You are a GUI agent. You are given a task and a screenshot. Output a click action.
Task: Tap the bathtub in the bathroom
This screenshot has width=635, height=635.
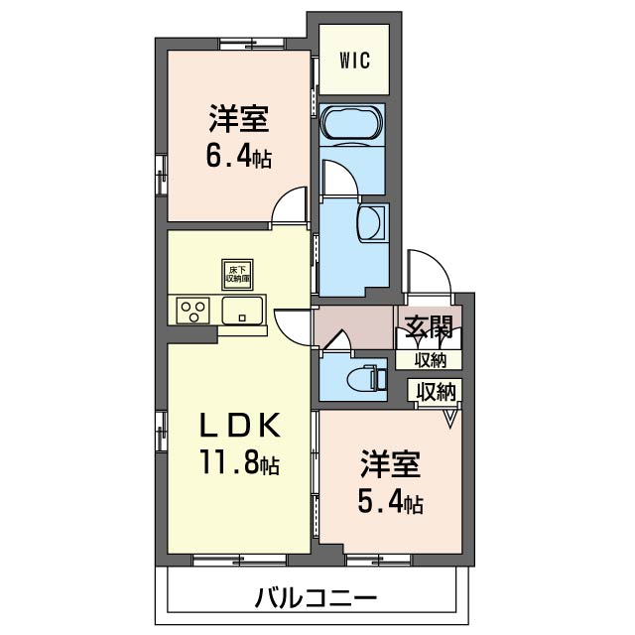pyautogui.click(x=352, y=123)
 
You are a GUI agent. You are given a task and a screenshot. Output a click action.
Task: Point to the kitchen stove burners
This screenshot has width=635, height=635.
pyautogui.click(x=194, y=311)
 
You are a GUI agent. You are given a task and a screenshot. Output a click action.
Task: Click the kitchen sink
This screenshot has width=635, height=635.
pyautogui.click(x=242, y=312)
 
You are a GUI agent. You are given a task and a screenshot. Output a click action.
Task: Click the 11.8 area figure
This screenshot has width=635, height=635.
pyautogui.click(x=237, y=462)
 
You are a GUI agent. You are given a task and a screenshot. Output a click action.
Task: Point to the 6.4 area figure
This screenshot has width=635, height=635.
pyautogui.click(x=239, y=157)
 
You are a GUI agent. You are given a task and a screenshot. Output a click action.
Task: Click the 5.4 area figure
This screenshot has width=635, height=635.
pyautogui.click(x=390, y=502)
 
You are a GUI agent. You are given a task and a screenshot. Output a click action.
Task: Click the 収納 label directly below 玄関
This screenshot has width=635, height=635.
pyautogui.click(x=430, y=359)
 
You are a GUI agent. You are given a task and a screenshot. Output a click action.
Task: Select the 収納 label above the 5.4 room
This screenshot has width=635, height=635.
pyautogui.click(x=437, y=391)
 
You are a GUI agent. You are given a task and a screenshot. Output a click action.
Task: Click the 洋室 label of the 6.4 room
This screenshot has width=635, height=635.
pyautogui.click(x=239, y=119)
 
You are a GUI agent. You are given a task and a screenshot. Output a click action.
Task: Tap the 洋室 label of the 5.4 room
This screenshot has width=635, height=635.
pyautogui.click(x=390, y=463)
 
